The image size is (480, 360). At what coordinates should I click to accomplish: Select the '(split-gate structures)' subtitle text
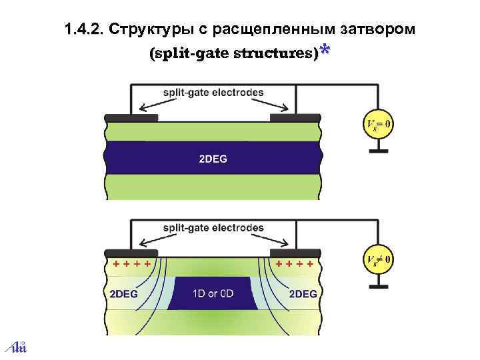[233, 54]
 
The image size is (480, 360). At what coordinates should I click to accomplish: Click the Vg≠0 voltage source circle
[378, 259]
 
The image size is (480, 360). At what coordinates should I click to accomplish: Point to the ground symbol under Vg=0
[378, 151]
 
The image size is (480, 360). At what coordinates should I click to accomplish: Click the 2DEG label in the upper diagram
[213, 159]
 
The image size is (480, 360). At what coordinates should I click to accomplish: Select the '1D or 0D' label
[213, 293]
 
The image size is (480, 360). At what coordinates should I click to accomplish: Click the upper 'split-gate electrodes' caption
[213, 93]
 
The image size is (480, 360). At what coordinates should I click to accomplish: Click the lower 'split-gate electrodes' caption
[213, 228]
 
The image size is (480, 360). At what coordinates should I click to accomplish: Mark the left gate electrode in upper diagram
[131, 117]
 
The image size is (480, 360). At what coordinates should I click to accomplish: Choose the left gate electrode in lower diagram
[131, 253]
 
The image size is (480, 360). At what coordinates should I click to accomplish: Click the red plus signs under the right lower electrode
[294, 264]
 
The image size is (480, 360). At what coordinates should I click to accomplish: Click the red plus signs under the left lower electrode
[130, 264]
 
